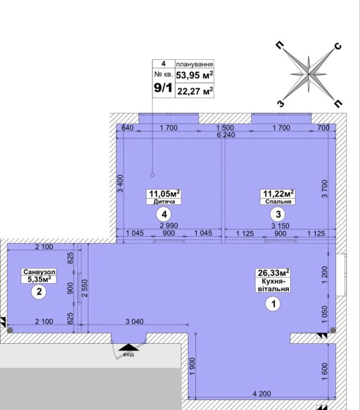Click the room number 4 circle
pos(164,214)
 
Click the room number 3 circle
pos(278,214)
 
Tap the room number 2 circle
pos(39,291)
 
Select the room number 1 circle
pos(273,304)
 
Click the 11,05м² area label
pos(164,194)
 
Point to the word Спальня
pos(278,201)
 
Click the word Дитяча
pos(164,201)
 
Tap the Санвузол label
pos(39,272)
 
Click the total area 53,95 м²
pos(195,75)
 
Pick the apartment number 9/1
pos(163,88)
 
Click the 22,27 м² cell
pos(195,91)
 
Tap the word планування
pos(194,64)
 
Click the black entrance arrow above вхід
pos(129,347)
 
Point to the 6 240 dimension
pos(226,135)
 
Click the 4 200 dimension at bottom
pos(261,393)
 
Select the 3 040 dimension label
pos(134,321)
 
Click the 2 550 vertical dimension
pos(84,288)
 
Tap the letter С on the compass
pos(338,46)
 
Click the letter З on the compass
pos(280,104)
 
